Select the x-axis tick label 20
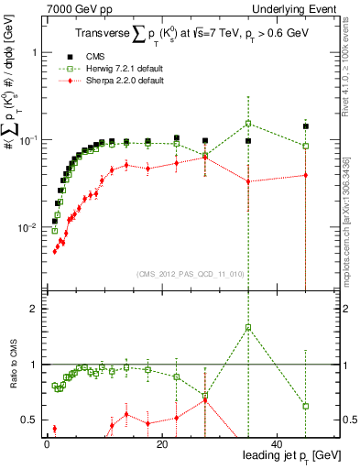point(161,443)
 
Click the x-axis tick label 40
point(276,443)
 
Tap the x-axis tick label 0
point(47,443)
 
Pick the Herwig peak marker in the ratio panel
point(248,327)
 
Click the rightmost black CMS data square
point(305,126)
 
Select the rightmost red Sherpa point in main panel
point(305,175)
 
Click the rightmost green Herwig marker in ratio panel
point(305,406)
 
